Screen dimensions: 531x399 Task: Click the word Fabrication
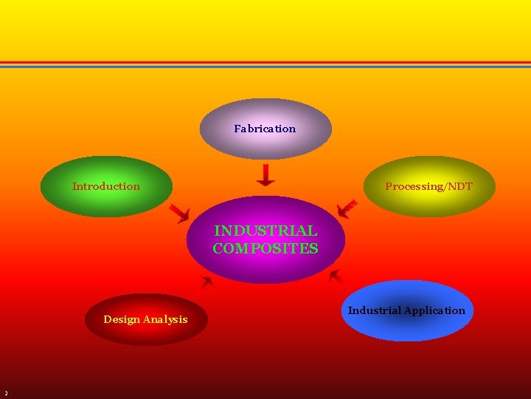tap(265, 129)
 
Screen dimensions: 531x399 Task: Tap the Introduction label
tap(105, 186)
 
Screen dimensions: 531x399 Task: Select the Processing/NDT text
tap(428, 186)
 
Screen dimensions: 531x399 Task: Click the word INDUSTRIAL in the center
tap(265, 231)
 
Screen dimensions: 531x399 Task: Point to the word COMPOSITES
tap(265, 248)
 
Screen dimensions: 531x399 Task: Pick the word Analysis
tap(165, 319)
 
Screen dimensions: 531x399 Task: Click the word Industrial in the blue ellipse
tap(375, 310)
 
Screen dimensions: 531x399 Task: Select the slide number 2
tap(6, 392)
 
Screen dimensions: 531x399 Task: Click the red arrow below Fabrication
tap(265, 175)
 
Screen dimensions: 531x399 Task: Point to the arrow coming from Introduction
tap(180, 214)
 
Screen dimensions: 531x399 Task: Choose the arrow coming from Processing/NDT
tap(347, 209)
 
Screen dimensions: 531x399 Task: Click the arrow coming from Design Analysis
tap(206, 282)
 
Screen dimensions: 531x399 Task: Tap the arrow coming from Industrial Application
tap(336, 277)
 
